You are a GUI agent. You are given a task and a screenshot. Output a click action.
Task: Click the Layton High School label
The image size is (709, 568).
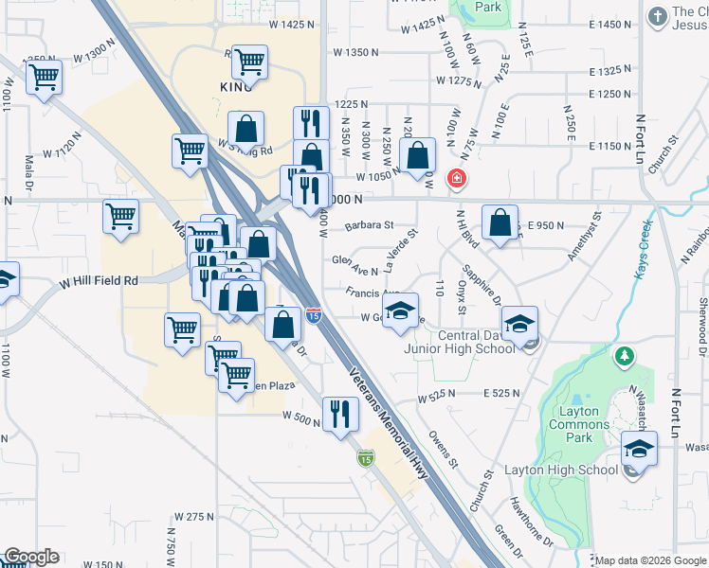[x=570, y=470]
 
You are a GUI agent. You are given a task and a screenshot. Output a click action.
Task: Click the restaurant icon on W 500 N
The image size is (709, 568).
[x=338, y=413]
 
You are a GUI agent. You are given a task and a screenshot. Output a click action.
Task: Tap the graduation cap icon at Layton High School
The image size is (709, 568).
[x=639, y=448]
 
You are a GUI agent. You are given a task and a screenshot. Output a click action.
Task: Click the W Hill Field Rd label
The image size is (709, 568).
[x=99, y=281]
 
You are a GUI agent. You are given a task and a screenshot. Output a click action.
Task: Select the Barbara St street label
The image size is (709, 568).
[x=369, y=225]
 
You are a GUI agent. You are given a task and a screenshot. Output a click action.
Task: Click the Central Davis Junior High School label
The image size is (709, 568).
[x=460, y=342]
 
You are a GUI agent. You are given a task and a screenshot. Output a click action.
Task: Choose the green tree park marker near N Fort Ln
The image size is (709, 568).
[x=624, y=357]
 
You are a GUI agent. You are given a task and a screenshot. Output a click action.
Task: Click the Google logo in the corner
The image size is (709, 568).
[x=30, y=558]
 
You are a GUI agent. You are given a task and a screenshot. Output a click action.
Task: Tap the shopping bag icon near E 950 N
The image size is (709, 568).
[x=500, y=222]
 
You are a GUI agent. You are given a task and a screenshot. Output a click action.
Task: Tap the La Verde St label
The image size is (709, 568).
[x=400, y=245]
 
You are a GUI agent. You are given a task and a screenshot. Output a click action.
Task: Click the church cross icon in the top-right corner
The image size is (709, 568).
[x=656, y=17]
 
